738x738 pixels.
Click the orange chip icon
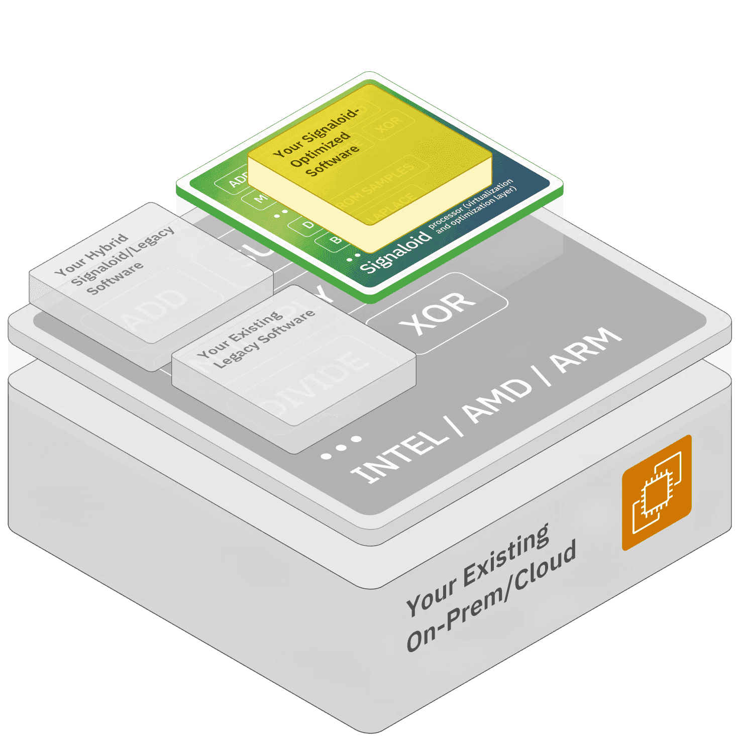pyautogui.click(x=657, y=492)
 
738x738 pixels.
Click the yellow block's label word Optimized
pyautogui.click(x=320, y=148)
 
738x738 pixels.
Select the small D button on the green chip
pyautogui.click(x=308, y=225)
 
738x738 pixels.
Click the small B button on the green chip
pyautogui.click(x=335, y=241)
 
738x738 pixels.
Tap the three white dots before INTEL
pyautogui.click(x=341, y=447)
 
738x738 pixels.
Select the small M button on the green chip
pyautogui.click(x=260, y=198)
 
